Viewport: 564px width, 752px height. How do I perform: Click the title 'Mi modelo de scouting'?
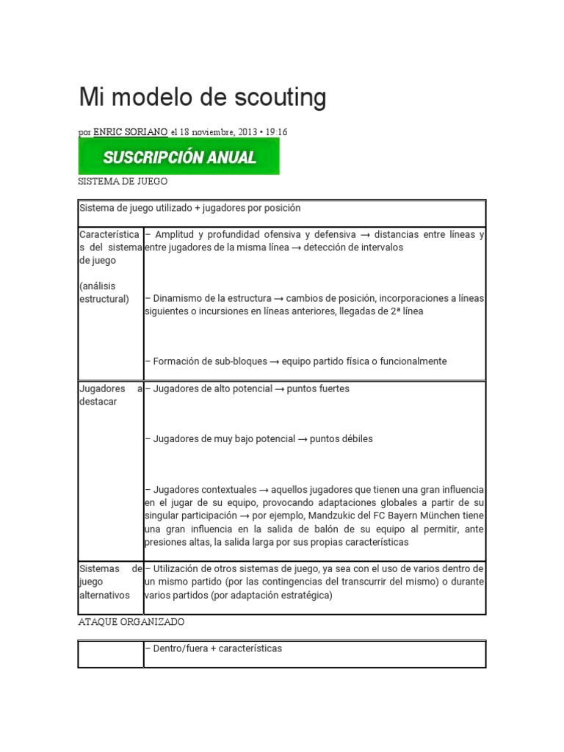(x=202, y=97)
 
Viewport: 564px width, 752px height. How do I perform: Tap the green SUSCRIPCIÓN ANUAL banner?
(x=179, y=157)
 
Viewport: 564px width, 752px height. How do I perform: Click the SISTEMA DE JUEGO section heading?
(x=123, y=181)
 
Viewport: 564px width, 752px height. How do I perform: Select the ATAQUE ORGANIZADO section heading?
(x=131, y=621)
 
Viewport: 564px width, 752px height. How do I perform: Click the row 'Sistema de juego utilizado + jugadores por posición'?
(x=189, y=209)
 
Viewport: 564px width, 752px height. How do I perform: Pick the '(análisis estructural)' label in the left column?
(x=103, y=292)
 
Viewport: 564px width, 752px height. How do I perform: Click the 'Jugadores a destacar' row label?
(x=109, y=395)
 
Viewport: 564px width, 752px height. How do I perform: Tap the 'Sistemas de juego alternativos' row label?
(x=109, y=582)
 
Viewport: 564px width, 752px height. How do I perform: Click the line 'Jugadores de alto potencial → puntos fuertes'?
(x=247, y=388)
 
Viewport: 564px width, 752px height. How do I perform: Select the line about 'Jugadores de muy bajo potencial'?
(x=259, y=438)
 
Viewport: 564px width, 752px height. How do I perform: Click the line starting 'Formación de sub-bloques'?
(x=296, y=361)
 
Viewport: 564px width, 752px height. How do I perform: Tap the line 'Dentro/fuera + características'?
(x=214, y=648)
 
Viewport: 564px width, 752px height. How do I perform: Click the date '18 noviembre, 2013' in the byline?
(x=217, y=132)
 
